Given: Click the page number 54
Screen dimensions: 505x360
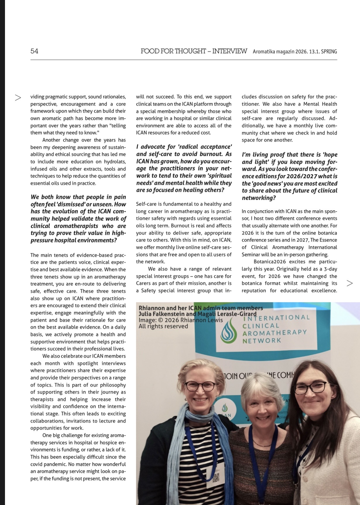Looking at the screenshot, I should click(34, 51).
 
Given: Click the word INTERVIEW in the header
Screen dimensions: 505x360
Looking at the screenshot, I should click(229, 51).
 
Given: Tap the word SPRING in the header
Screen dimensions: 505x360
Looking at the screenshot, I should click(329, 52).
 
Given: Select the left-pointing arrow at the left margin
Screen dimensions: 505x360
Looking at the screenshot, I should click(18, 97).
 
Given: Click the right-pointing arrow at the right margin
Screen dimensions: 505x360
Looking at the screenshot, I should click(349, 283).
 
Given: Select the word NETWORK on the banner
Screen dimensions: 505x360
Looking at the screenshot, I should click(262, 341).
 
